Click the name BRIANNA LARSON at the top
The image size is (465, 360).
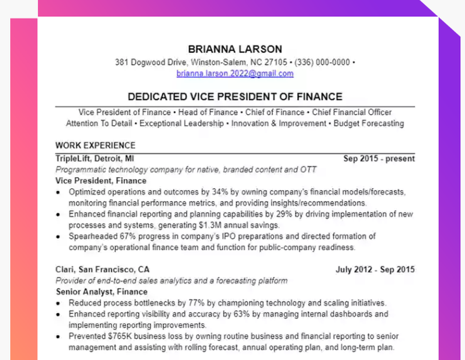(235, 49)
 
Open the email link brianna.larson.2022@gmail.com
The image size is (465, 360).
(235, 73)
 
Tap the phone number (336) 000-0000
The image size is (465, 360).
(325, 62)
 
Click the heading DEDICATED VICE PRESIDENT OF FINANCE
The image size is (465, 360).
(235, 97)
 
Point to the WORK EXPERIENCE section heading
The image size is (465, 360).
(95, 146)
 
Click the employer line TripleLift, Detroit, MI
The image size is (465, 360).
(95, 159)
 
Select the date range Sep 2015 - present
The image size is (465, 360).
(379, 159)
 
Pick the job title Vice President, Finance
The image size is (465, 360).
(101, 181)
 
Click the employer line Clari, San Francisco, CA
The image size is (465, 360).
(102, 270)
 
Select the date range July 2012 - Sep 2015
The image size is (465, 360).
(375, 270)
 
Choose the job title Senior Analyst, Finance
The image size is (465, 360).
(102, 292)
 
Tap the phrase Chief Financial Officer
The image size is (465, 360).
(352, 113)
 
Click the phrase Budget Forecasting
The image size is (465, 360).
(369, 124)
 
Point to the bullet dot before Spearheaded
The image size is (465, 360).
(58, 237)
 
